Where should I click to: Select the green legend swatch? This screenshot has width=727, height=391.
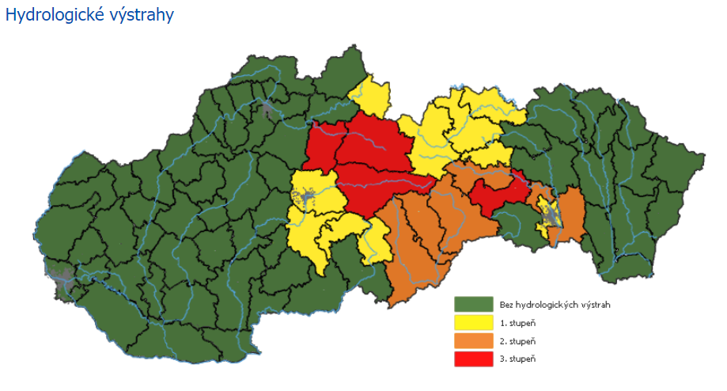click(468, 305)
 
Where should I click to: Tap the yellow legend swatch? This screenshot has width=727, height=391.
click(468, 323)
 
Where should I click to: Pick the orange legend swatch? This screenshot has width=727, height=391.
click(468, 341)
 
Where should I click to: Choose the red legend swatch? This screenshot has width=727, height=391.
click(468, 359)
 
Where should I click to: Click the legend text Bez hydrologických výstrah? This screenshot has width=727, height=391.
click(555, 305)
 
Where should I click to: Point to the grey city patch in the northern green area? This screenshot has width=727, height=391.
click(267, 108)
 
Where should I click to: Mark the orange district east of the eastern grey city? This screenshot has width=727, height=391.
click(571, 214)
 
